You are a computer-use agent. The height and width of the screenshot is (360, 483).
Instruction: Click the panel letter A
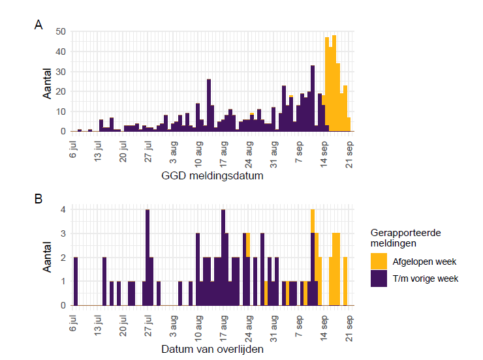click(x=39, y=25)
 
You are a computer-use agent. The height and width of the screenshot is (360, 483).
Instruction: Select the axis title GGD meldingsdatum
click(x=212, y=176)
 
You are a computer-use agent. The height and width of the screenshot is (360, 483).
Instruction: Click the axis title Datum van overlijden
click(x=212, y=350)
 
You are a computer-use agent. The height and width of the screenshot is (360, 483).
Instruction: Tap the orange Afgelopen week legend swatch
click(x=380, y=262)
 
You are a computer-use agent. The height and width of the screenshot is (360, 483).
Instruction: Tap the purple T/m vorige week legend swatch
click(x=380, y=278)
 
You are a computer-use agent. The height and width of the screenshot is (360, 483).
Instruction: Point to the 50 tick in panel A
click(x=61, y=31)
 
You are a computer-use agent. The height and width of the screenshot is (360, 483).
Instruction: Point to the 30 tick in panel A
click(x=61, y=72)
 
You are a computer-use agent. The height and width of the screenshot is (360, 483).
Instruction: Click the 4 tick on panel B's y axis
click(x=64, y=210)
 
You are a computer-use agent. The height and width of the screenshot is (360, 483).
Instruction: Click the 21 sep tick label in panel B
click(x=349, y=323)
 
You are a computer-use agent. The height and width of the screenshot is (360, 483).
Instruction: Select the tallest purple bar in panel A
click(x=313, y=98)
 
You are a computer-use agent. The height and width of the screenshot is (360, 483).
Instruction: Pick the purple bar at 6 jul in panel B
click(x=76, y=281)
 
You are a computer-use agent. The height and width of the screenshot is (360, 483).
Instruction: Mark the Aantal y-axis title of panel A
click(x=48, y=82)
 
